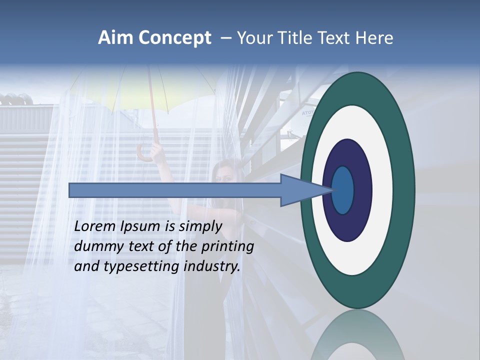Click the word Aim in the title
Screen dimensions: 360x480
(x=115, y=38)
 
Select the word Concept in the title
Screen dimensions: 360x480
(x=175, y=38)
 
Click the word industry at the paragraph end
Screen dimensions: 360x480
(x=212, y=266)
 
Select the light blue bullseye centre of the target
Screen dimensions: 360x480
(x=342, y=190)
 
